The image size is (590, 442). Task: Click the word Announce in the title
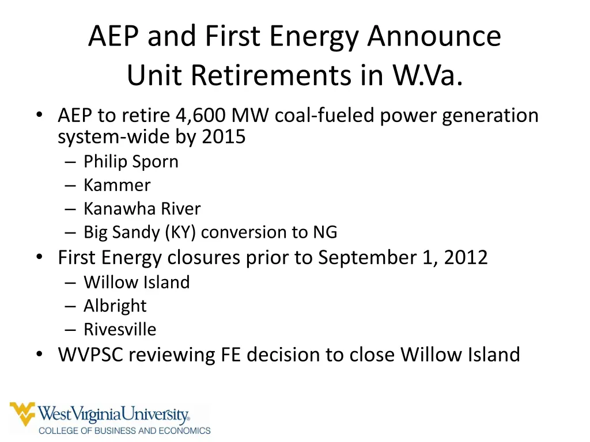[434, 36]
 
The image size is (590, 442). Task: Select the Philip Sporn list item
[131, 162]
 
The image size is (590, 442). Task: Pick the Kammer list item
[117, 185]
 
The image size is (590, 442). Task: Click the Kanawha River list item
[142, 208]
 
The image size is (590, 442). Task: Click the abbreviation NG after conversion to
[325, 232]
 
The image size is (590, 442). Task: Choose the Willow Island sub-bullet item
[137, 282]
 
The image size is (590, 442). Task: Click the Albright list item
[115, 306]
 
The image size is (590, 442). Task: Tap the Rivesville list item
[120, 329]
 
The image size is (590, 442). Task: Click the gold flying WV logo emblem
[22, 414]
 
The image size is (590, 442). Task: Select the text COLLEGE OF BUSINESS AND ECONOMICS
[124, 430]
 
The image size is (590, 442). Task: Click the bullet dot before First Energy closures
[39, 257]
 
